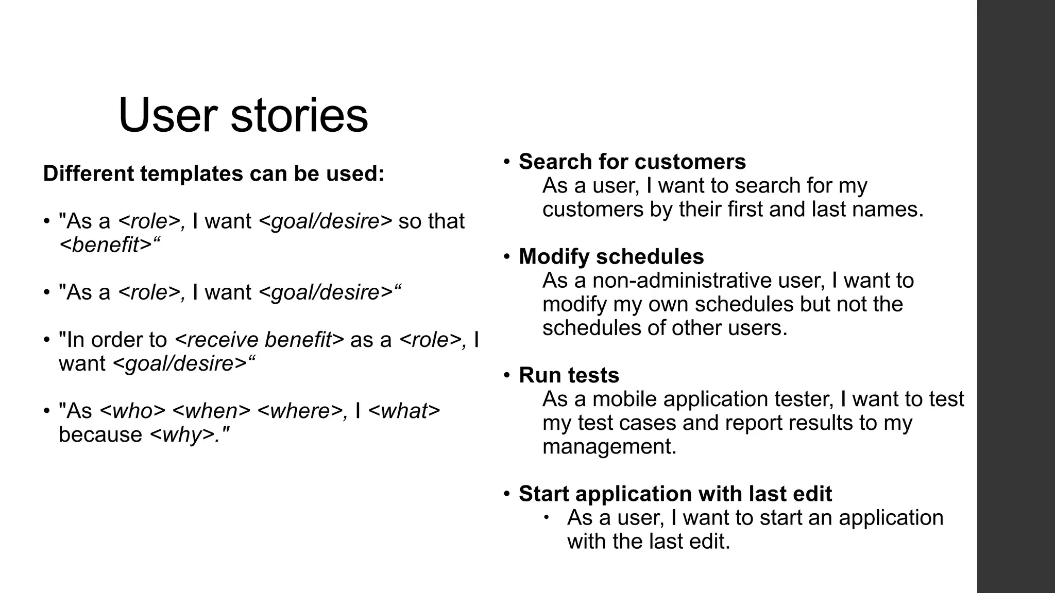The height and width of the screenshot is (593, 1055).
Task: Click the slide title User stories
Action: click(x=243, y=115)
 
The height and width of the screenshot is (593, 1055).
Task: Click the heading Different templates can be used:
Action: click(x=214, y=173)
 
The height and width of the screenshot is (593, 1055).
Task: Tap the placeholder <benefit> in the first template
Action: click(x=106, y=245)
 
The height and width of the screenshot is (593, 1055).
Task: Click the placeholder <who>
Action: click(x=132, y=411)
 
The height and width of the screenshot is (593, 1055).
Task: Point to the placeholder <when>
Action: click(x=211, y=411)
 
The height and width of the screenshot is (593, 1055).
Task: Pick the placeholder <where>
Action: click(x=299, y=411)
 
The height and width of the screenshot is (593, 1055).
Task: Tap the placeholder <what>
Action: click(x=404, y=411)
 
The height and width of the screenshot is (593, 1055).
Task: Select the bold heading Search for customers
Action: click(x=632, y=162)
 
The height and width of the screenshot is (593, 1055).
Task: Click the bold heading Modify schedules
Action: click(x=611, y=256)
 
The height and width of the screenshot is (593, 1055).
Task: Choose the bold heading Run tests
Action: click(x=569, y=375)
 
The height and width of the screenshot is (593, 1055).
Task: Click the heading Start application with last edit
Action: click(x=675, y=493)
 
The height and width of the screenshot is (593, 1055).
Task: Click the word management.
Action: click(x=609, y=446)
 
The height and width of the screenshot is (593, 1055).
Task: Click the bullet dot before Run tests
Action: click(x=507, y=375)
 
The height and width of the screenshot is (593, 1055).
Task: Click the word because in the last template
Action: click(x=100, y=434)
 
